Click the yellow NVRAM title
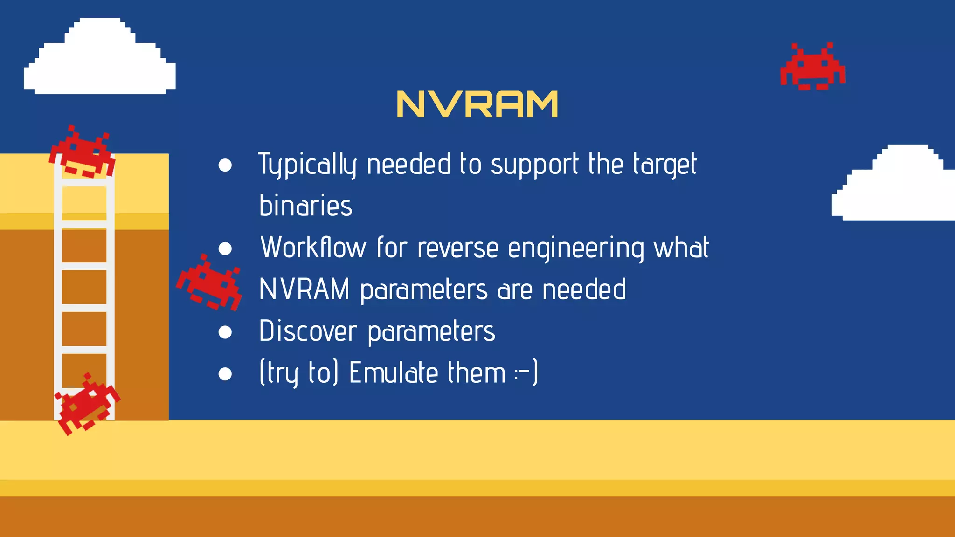tap(477, 104)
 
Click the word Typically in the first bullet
tap(308, 164)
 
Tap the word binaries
tap(305, 206)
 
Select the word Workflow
tap(313, 247)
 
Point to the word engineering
tap(576, 248)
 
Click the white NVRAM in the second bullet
tap(304, 289)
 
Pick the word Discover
tap(308, 331)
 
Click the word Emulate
tap(394, 372)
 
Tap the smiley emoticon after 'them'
tap(526, 372)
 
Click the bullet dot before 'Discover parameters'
tap(225, 332)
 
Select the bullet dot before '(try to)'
tap(225, 374)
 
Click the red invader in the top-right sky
tap(813, 67)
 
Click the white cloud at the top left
tap(100, 58)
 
